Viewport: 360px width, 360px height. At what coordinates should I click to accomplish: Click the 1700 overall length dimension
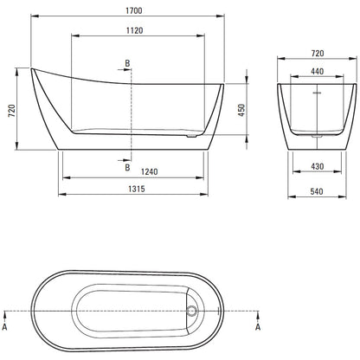(x=134, y=10)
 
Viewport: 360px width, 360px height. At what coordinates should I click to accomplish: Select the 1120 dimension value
(x=135, y=30)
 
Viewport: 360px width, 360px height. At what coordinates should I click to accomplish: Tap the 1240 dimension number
(x=150, y=171)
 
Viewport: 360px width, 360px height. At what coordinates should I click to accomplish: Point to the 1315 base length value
(x=137, y=189)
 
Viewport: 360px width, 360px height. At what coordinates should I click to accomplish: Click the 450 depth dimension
(x=241, y=110)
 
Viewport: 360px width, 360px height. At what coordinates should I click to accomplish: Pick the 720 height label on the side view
(x=12, y=111)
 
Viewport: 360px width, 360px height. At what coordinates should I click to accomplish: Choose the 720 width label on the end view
(x=318, y=54)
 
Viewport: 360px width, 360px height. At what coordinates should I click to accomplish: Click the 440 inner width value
(x=318, y=71)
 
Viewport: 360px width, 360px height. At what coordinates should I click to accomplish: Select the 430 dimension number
(x=318, y=166)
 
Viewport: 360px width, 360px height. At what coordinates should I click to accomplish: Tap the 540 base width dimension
(x=317, y=191)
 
